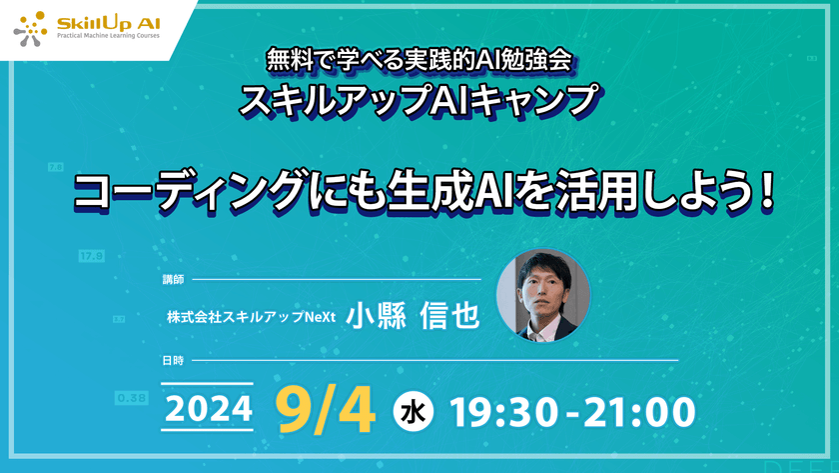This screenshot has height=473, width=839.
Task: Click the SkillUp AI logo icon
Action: click(x=30, y=28)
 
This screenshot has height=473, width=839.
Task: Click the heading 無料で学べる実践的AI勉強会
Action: click(x=419, y=60)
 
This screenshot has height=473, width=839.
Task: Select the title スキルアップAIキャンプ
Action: click(x=419, y=101)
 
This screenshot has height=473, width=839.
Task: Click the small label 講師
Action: click(x=173, y=279)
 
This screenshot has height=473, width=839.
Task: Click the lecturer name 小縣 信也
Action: click(x=413, y=315)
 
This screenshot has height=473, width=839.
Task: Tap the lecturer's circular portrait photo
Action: click(x=543, y=296)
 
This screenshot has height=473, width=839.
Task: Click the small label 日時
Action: click(x=173, y=359)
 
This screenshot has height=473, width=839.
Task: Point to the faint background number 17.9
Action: click(x=91, y=256)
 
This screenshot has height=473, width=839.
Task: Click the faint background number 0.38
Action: click(x=132, y=397)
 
